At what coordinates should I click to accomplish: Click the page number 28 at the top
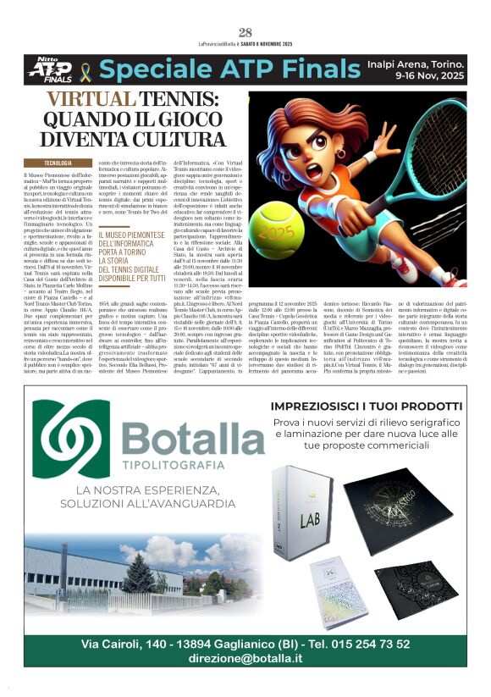tap(245, 32)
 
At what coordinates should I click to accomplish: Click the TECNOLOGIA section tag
tap(58, 162)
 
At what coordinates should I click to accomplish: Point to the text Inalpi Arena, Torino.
tap(416, 64)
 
